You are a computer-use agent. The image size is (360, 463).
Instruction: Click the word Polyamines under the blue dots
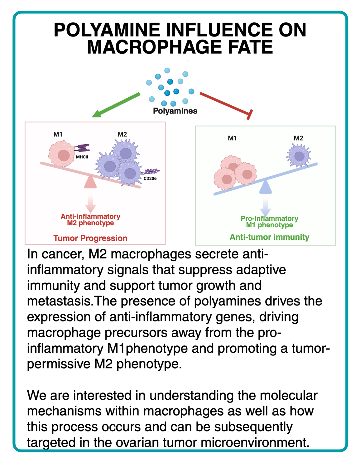point(175,111)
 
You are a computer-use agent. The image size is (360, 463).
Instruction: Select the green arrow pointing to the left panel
point(117,105)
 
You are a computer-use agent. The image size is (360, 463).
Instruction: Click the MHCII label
point(82,157)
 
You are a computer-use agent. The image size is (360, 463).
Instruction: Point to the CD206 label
point(150,178)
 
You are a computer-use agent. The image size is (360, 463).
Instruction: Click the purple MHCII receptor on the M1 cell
point(83,148)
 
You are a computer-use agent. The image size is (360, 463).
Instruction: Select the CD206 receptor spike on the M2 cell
point(152,171)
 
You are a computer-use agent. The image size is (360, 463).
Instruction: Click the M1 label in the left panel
point(58,134)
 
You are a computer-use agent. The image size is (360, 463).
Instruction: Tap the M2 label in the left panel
point(122,134)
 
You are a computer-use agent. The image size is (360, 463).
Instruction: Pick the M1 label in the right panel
point(233,138)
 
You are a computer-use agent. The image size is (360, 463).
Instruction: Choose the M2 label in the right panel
point(298,138)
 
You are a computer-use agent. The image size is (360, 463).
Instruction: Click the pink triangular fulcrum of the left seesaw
point(90,182)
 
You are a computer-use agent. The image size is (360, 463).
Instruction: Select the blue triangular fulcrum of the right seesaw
point(266,188)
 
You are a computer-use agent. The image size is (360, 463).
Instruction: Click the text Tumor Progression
point(90,238)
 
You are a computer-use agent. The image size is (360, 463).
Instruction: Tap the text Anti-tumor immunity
point(269,237)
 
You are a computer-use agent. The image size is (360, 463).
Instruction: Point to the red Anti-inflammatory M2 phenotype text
point(90,219)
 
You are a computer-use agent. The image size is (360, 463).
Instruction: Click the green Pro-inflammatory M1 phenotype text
point(269,222)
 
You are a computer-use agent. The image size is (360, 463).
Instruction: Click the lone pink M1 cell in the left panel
point(62,154)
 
